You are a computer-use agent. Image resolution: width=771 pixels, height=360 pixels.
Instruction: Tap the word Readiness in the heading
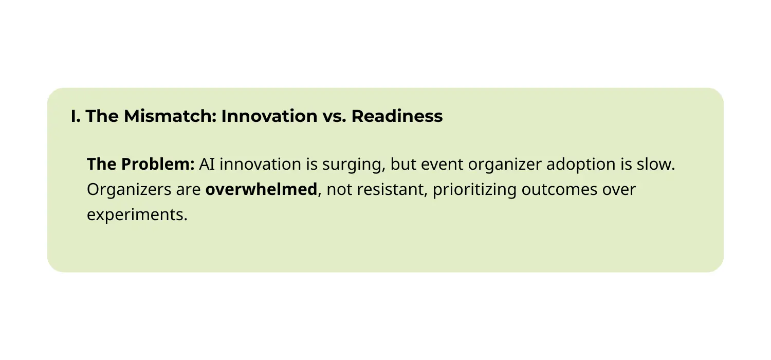397,116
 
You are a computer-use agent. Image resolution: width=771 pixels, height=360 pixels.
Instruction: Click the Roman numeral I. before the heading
76,116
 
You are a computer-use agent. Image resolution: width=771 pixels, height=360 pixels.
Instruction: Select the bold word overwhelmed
261,189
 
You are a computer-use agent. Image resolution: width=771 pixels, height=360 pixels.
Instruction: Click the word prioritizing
474,190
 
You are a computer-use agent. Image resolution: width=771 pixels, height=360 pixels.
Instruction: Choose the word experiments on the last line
136,215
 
